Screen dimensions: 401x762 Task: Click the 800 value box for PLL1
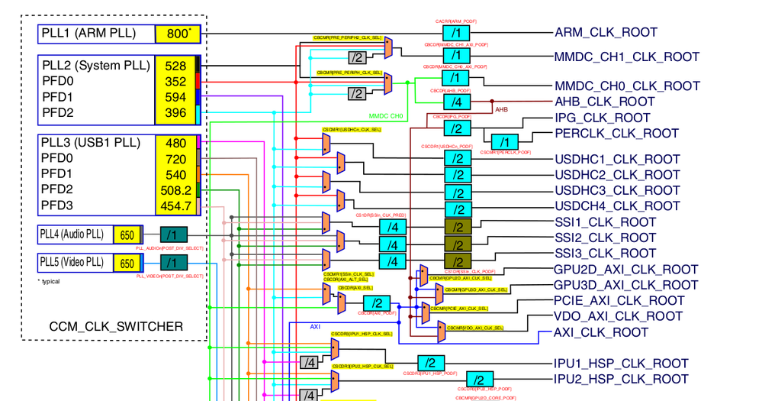tap(178, 34)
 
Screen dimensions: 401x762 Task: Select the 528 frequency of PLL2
tap(175, 66)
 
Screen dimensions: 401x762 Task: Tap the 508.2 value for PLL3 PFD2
tap(175, 189)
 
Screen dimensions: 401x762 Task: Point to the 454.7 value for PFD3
tap(175, 205)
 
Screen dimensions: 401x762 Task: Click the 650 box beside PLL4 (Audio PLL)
tap(127, 235)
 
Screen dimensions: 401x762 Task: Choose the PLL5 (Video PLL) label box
tap(74, 263)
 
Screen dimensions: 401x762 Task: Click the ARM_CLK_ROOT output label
tap(606, 33)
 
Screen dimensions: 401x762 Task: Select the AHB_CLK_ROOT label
tap(604, 102)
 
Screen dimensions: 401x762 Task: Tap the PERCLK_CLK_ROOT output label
tap(616, 133)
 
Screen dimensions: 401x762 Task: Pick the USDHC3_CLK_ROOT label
tap(617, 190)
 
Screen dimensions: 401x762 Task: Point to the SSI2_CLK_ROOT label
tap(605, 238)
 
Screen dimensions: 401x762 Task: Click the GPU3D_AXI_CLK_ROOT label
tap(626, 285)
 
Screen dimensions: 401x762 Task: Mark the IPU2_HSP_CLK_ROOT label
tap(621, 379)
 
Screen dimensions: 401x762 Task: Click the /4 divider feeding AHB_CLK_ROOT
tap(456, 102)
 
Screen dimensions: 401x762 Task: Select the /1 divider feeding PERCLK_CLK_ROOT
tap(503, 141)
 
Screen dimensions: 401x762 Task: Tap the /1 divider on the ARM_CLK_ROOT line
tap(456, 34)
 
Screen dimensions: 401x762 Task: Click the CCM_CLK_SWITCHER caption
tap(116, 327)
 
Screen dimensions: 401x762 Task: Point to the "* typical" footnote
tap(49, 282)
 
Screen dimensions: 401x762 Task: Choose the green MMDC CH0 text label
tap(385, 116)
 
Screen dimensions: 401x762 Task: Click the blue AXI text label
tap(314, 326)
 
